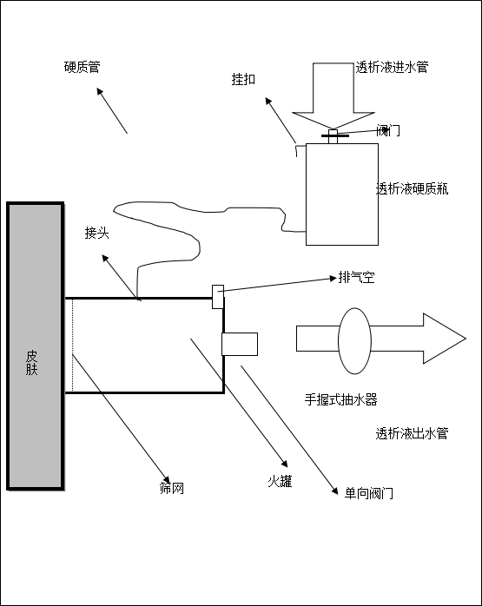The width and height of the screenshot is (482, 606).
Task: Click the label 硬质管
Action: pos(82,67)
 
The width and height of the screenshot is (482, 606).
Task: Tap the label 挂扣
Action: pos(243,79)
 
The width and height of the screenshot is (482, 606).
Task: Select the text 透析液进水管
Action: pos(392,67)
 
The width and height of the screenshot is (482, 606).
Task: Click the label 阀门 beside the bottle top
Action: pos(388,130)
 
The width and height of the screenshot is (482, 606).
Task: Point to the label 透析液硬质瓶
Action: pos(412,188)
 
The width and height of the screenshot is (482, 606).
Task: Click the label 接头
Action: pos(96,233)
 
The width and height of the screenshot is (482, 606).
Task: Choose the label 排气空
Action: pos(356,277)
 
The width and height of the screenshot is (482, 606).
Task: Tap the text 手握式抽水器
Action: pos(341,399)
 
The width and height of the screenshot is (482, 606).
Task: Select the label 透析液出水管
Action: pos(412,433)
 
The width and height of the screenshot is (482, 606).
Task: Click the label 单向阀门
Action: pos(369,493)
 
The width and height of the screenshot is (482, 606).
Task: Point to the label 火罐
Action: pos(280,481)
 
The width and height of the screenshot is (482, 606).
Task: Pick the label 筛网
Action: pos(172,488)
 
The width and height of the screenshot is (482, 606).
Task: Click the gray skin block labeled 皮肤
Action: pos(36,346)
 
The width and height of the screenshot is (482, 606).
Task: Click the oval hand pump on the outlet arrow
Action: pos(355,341)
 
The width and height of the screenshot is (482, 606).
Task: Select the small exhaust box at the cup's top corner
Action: pos(218,297)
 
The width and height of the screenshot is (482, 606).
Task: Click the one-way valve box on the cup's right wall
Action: pos(240,344)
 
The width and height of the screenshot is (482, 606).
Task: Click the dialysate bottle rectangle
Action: pos(342,194)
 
